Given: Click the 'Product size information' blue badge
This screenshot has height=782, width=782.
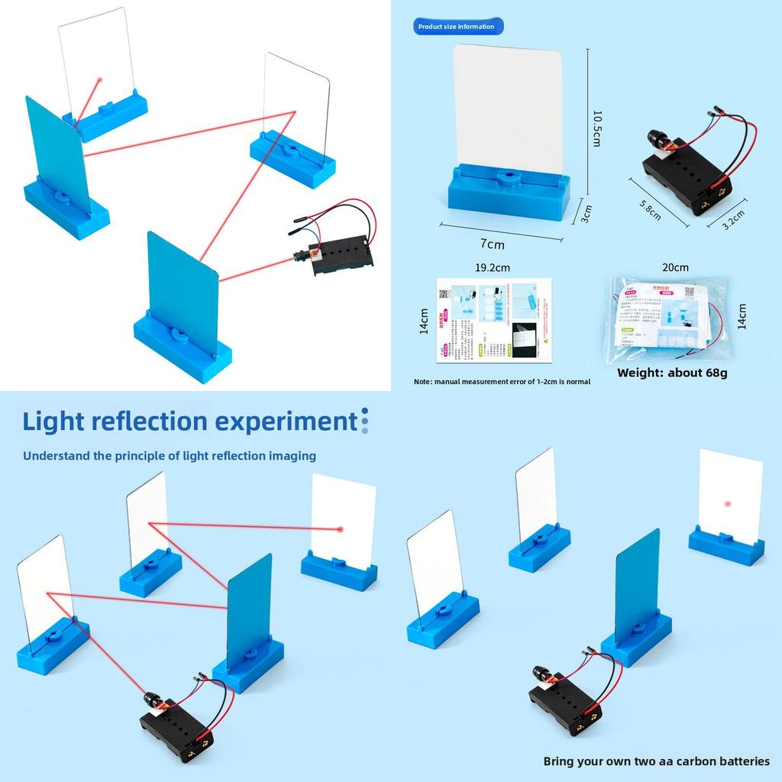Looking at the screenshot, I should pos(456,27).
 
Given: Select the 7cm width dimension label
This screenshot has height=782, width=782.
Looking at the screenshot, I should pos(493,244).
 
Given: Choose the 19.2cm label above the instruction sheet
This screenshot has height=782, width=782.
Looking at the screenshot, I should pos(493,267).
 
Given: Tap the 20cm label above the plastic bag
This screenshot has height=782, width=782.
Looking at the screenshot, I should pos(675,267).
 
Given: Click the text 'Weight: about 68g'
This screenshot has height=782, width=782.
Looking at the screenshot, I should pos(672,373).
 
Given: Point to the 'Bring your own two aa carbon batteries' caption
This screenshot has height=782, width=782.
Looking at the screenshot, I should pos(656,761).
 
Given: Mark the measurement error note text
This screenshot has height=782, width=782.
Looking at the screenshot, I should pos(502,381).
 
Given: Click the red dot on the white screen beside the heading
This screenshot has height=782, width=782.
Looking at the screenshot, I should pos(341,528).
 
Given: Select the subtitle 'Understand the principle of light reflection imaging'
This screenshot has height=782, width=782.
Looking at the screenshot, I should pos(169,456).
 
